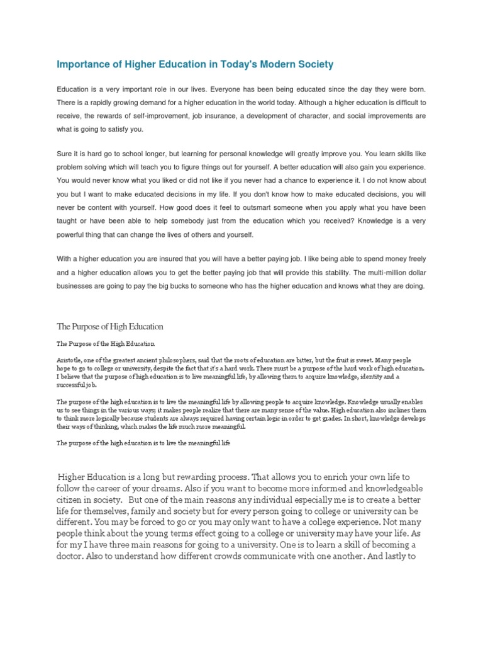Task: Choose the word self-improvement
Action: point(164,116)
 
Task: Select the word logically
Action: point(113,418)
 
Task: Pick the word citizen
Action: point(72,503)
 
